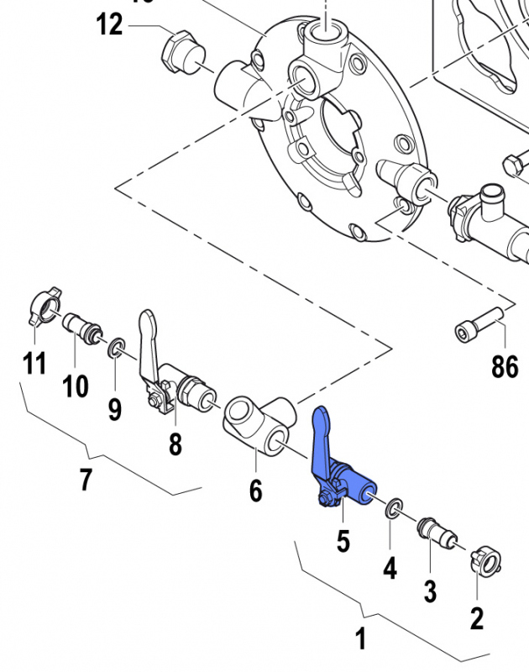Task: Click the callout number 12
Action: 109,24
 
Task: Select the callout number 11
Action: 34,365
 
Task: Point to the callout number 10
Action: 76,386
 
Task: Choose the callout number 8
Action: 175,444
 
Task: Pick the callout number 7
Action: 86,481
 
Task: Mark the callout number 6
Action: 255,489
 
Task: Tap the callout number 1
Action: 360,639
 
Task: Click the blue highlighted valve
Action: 340,475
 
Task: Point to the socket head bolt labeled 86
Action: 479,324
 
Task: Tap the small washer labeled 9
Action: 117,347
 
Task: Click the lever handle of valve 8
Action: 147,336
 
